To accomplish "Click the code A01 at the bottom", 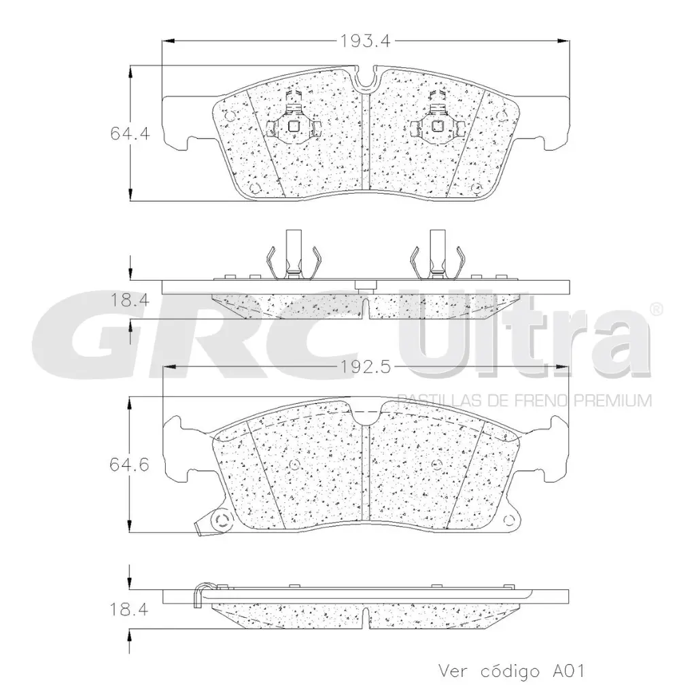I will point(567,671).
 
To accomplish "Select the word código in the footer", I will point(507,671).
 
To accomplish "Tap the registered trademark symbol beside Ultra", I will point(655,309).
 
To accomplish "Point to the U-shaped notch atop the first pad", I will point(367,80).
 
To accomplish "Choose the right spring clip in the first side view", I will point(438,258).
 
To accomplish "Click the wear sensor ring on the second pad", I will point(221,522).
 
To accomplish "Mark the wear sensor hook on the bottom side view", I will point(201,593).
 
